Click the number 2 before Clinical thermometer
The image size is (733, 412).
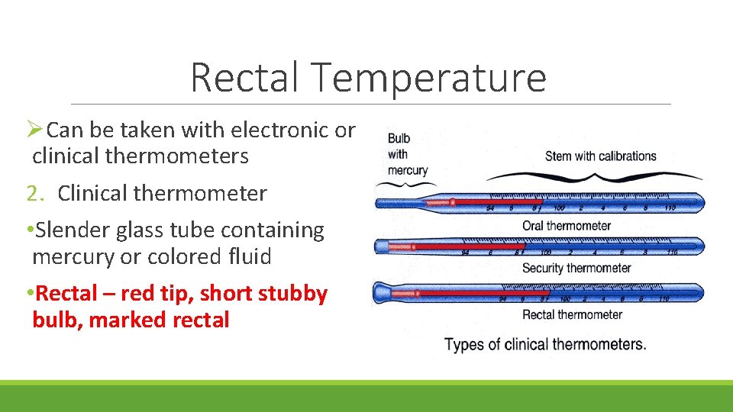point(31,194)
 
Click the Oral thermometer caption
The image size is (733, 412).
point(567,225)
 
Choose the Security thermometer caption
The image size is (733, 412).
point(576,268)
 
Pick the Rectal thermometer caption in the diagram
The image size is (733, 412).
point(572,314)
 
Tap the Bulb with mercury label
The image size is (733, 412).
point(408,154)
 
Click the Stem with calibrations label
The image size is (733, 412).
point(600,156)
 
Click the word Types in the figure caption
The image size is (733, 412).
point(463,344)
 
